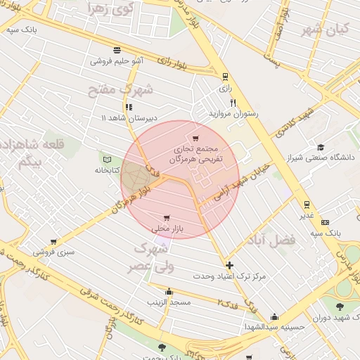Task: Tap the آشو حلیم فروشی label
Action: point(117,60)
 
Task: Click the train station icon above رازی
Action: point(225,77)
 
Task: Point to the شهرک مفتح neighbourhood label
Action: point(120,90)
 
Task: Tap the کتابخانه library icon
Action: point(107,158)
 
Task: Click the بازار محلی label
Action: point(167,229)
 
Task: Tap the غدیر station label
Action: point(307,216)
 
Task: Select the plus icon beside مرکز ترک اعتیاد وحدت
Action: point(230,265)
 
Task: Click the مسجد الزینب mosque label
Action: point(169,302)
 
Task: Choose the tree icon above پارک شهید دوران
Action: point(340,306)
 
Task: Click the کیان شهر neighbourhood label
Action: point(324,30)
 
